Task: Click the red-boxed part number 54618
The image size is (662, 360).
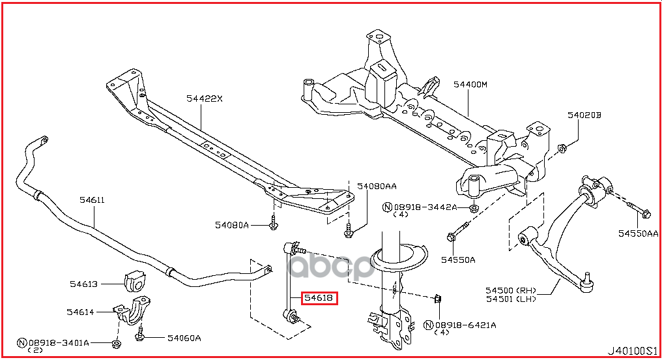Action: tap(319, 298)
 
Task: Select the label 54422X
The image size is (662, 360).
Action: tap(205, 98)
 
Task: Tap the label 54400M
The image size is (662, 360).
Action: tap(470, 84)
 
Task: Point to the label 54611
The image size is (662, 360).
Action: tap(92, 200)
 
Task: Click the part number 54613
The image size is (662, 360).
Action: tap(83, 284)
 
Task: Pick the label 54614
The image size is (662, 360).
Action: tap(80, 312)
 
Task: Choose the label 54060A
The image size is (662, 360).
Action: tap(184, 338)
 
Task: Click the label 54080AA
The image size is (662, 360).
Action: tap(377, 186)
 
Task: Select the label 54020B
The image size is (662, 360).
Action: tap(584, 115)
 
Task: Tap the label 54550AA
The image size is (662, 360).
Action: tap(639, 233)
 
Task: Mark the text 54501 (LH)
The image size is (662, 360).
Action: tap(511, 299)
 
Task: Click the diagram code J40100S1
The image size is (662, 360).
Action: tap(632, 351)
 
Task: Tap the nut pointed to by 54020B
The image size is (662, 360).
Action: tap(562, 148)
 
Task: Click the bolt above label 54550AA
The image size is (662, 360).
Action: tap(639, 209)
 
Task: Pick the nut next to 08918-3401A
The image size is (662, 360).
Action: tap(116, 344)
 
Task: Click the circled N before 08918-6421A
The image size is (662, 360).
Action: tap(429, 325)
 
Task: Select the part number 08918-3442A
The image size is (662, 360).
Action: tap(425, 207)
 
